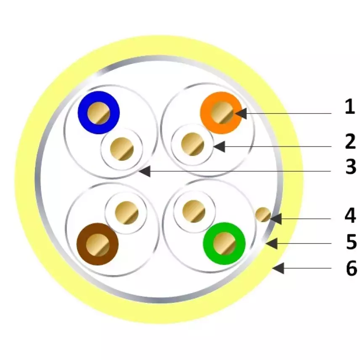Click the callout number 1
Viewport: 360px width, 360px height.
[350, 107]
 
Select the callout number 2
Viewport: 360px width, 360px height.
[350, 141]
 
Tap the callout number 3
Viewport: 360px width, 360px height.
[351, 167]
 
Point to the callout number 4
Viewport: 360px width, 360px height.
[350, 215]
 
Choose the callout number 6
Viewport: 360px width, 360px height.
[352, 268]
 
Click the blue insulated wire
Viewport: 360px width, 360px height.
[99, 113]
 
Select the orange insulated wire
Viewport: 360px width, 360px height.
[221, 113]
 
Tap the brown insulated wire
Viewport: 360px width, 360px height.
[98, 244]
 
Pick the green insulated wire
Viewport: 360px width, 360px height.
[224, 244]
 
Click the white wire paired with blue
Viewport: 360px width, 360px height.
[122, 149]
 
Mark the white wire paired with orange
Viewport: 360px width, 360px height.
[192, 144]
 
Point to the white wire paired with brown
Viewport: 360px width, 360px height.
[126, 212]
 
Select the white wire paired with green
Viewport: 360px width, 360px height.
[194, 212]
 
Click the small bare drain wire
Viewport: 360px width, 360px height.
[263, 215]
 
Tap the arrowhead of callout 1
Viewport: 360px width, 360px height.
[241, 114]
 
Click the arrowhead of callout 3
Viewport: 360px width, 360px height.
[145, 171]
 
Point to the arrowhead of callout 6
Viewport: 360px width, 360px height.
[278, 268]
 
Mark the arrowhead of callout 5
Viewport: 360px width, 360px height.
[271, 244]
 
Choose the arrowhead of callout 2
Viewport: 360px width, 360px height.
[219, 146]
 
